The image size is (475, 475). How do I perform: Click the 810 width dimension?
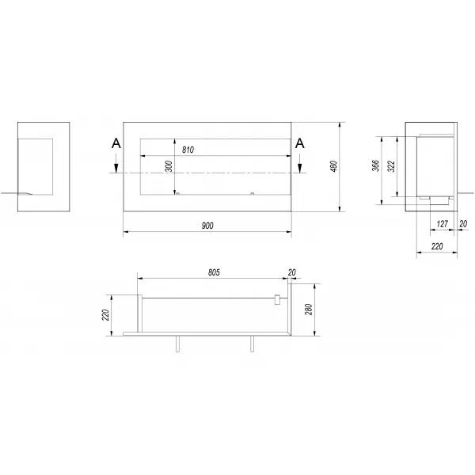188,150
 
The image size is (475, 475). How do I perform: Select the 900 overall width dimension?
207,226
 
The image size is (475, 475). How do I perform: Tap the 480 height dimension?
333,166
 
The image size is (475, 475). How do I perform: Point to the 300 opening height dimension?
169,166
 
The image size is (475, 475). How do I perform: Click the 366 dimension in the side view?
375,165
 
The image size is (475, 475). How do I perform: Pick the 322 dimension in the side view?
391,166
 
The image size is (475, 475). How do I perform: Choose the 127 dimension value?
442,224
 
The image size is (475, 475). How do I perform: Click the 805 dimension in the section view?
214,272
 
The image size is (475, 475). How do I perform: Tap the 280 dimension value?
309,310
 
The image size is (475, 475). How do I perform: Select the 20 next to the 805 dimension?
291,272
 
